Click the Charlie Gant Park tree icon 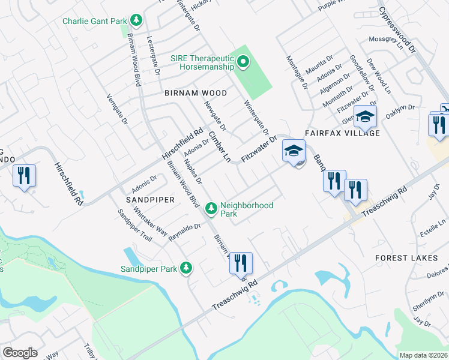(137, 21)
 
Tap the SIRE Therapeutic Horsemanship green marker (243, 61)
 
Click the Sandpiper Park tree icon (187, 268)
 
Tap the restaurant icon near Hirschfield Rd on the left (25, 176)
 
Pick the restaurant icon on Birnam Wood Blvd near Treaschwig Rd (241, 262)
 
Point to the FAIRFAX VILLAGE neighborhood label (342, 133)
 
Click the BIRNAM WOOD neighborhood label (196, 93)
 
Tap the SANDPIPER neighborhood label (150, 199)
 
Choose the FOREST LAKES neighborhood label (403, 257)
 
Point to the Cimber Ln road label (220, 148)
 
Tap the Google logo (20, 353)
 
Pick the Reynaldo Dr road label (184, 232)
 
